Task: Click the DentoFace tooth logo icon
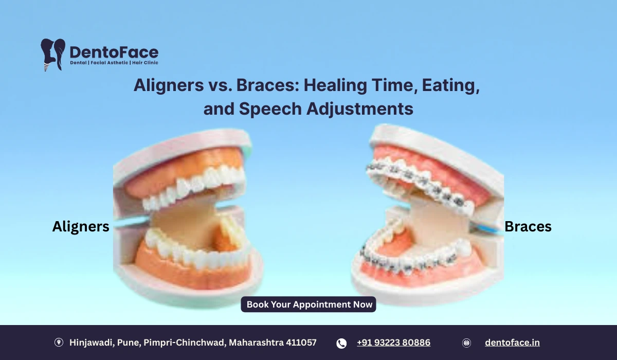[53, 55]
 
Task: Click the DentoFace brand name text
[114, 52]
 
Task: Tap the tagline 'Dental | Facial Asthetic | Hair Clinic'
[114, 63]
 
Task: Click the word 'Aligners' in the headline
[169, 85]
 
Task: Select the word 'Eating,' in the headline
[451, 85]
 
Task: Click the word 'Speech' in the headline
[270, 109]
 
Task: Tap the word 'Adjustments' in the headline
[360, 109]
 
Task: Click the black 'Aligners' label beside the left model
[81, 227]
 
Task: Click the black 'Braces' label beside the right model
[528, 226]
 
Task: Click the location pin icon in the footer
[59, 343]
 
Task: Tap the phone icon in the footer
[341, 344]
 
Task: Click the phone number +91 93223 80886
[394, 343]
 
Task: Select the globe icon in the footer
[466, 343]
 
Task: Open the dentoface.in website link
[512, 343]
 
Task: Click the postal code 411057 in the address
[301, 343]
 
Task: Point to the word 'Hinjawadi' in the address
[92, 343]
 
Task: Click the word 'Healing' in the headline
[335, 85]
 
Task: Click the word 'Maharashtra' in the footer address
[256, 343]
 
